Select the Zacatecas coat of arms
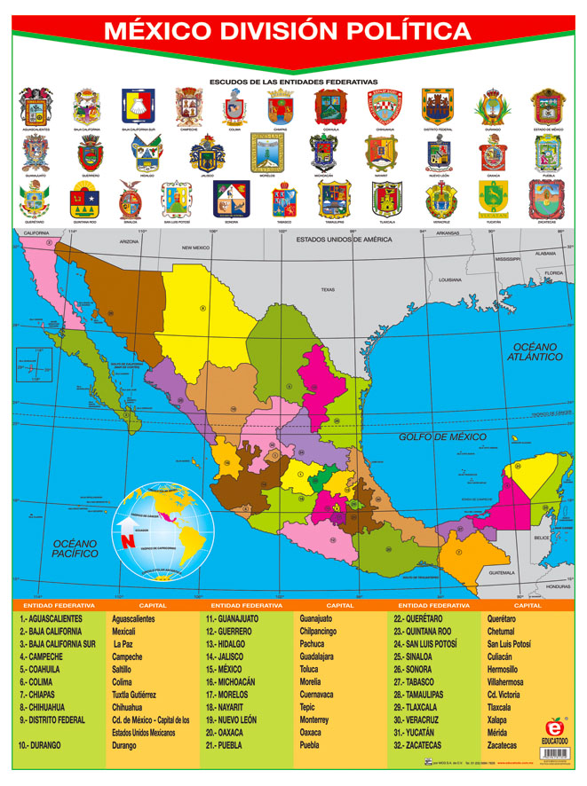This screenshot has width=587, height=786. pyautogui.click(x=546, y=200)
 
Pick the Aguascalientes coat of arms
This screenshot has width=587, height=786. pyautogui.click(x=36, y=107)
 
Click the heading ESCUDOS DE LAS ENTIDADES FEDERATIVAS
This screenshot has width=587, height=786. pyautogui.click(x=293, y=81)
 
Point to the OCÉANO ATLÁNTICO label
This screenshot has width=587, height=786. pyautogui.click(x=535, y=351)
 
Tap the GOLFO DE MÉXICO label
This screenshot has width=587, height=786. pyautogui.click(x=442, y=436)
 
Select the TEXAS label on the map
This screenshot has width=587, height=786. pyautogui.click(x=328, y=289)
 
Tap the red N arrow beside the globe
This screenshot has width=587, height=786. pyautogui.click(x=128, y=538)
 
